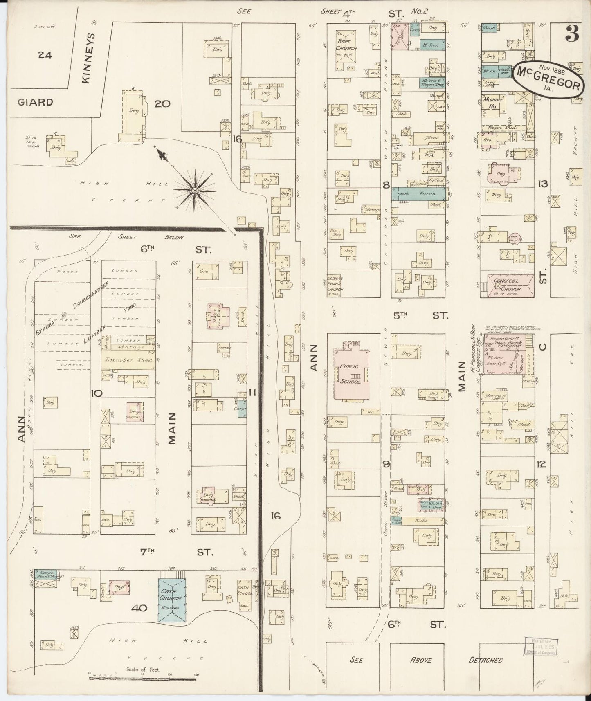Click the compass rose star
click(x=195, y=190)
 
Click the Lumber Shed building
click(x=128, y=360)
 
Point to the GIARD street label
click(x=35, y=102)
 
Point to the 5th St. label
click(x=416, y=316)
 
